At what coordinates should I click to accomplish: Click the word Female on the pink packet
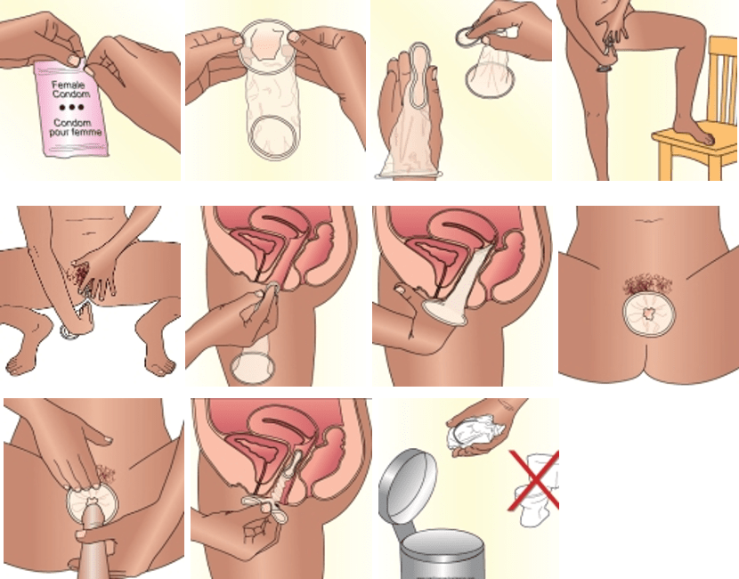click(69, 86)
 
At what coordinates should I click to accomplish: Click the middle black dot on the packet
click(71, 107)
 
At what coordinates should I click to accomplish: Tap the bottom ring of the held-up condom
click(274, 137)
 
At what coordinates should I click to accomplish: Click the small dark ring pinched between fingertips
click(467, 37)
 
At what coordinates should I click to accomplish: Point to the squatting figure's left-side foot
click(22, 362)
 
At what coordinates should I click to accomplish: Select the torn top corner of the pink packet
click(84, 61)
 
